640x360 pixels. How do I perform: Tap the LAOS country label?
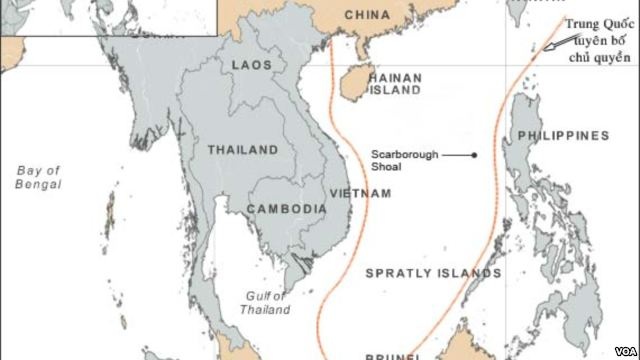251,64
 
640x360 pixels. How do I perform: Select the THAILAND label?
242,149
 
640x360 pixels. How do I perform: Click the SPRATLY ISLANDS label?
433,272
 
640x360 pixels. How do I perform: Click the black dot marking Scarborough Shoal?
475,155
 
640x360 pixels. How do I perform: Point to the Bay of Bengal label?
39,178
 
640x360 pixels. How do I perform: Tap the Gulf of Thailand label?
267,302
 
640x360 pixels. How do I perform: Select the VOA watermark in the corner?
622,351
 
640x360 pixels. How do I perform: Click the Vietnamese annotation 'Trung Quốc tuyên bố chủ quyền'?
596,39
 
